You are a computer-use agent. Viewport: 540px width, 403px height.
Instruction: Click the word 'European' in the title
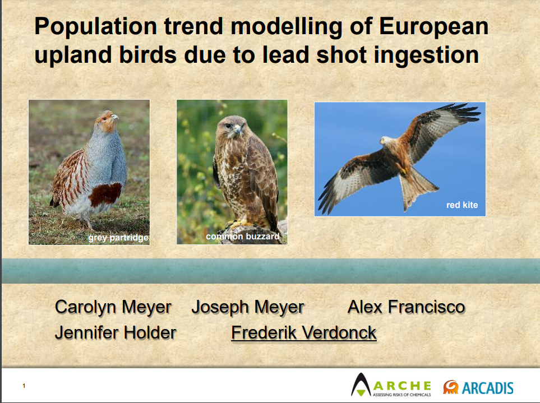tap(433, 27)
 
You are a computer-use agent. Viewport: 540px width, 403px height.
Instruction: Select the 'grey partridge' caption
tap(118, 238)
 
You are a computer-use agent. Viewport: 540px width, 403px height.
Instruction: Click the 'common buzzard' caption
tap(243, 237)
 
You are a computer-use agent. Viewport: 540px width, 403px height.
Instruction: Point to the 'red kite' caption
tap(462, 205)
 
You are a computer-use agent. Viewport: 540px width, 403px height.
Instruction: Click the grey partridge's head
tap(108, 120)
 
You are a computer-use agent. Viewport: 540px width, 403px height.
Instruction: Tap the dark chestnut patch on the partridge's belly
tap(105, 194)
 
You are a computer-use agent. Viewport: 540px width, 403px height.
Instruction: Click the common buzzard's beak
tap(237, 130)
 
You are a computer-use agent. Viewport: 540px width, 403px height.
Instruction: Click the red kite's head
tap(386, 141)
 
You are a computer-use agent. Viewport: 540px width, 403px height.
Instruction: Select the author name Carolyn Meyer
tap(113, 307)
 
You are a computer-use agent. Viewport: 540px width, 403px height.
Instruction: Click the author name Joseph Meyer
tap(248, 307)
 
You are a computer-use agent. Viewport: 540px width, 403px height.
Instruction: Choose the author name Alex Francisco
tap(407, 307)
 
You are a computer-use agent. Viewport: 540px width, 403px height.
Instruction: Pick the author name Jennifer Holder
tap(116, 333)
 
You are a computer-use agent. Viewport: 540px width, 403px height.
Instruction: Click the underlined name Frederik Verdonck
tap(304, 333)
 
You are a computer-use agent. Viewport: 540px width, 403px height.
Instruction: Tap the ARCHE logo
tap(391, 385)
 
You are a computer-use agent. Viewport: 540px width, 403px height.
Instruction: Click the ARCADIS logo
tap(478, 387)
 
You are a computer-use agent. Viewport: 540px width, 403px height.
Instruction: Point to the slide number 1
tap(24, 386)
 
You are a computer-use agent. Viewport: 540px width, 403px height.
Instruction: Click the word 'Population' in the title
tap(96, 27)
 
